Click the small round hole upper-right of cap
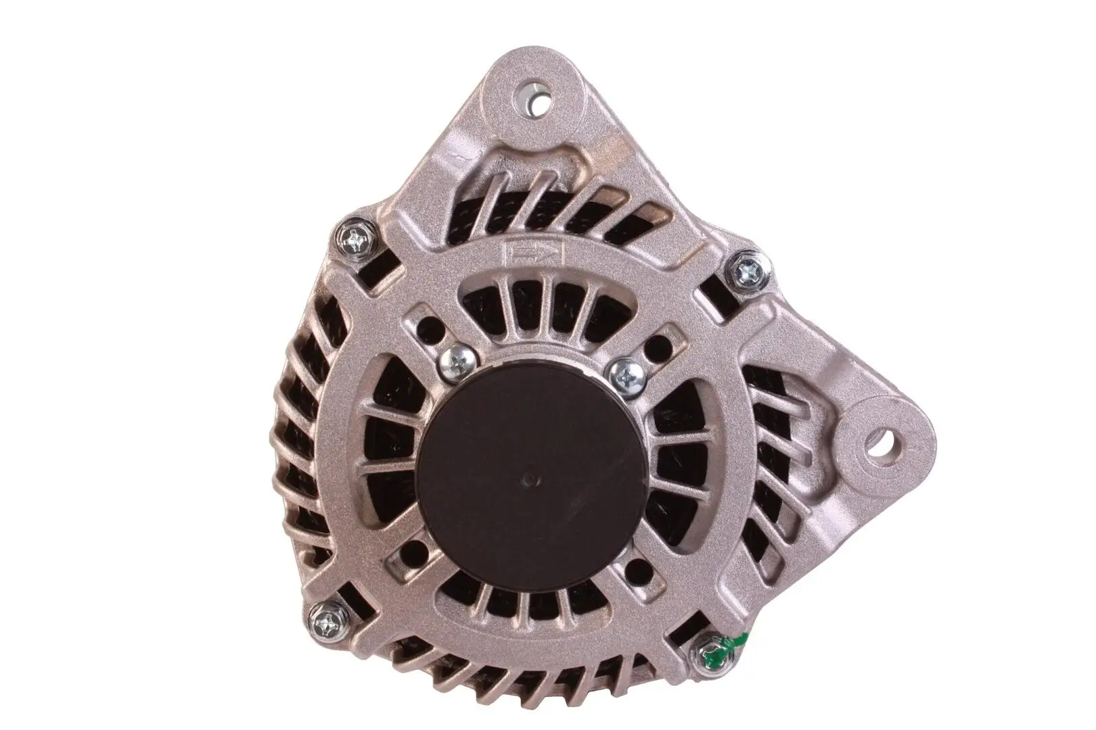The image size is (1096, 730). (x=654, y=352)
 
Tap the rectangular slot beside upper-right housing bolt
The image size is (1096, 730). (x=714, y=295)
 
